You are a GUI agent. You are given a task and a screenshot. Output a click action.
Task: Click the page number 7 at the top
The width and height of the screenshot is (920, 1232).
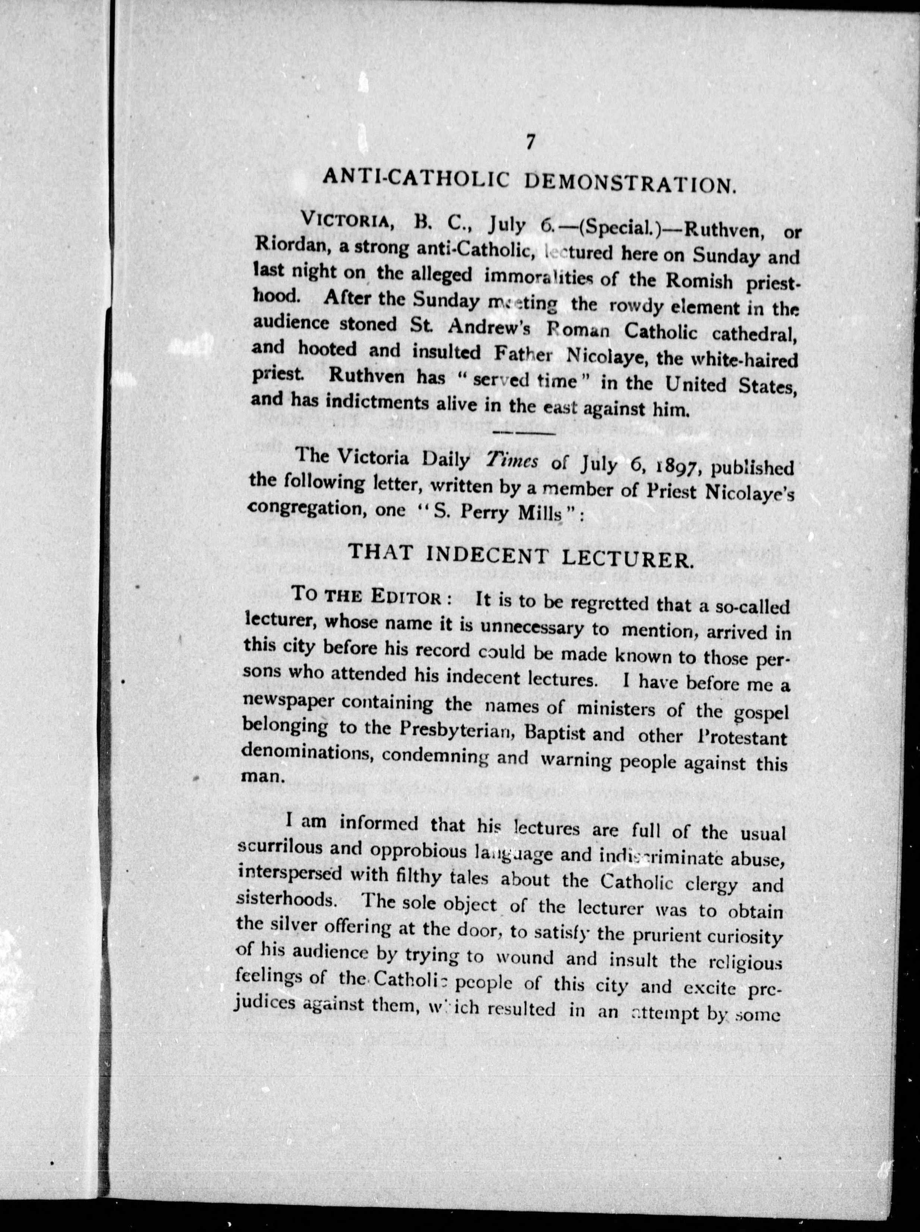coord(529,142)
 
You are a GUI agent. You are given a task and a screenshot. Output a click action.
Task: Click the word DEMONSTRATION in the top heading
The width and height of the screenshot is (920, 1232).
coord(630,182)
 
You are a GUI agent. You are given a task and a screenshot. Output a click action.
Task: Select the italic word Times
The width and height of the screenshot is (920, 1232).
coord(512,460)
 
